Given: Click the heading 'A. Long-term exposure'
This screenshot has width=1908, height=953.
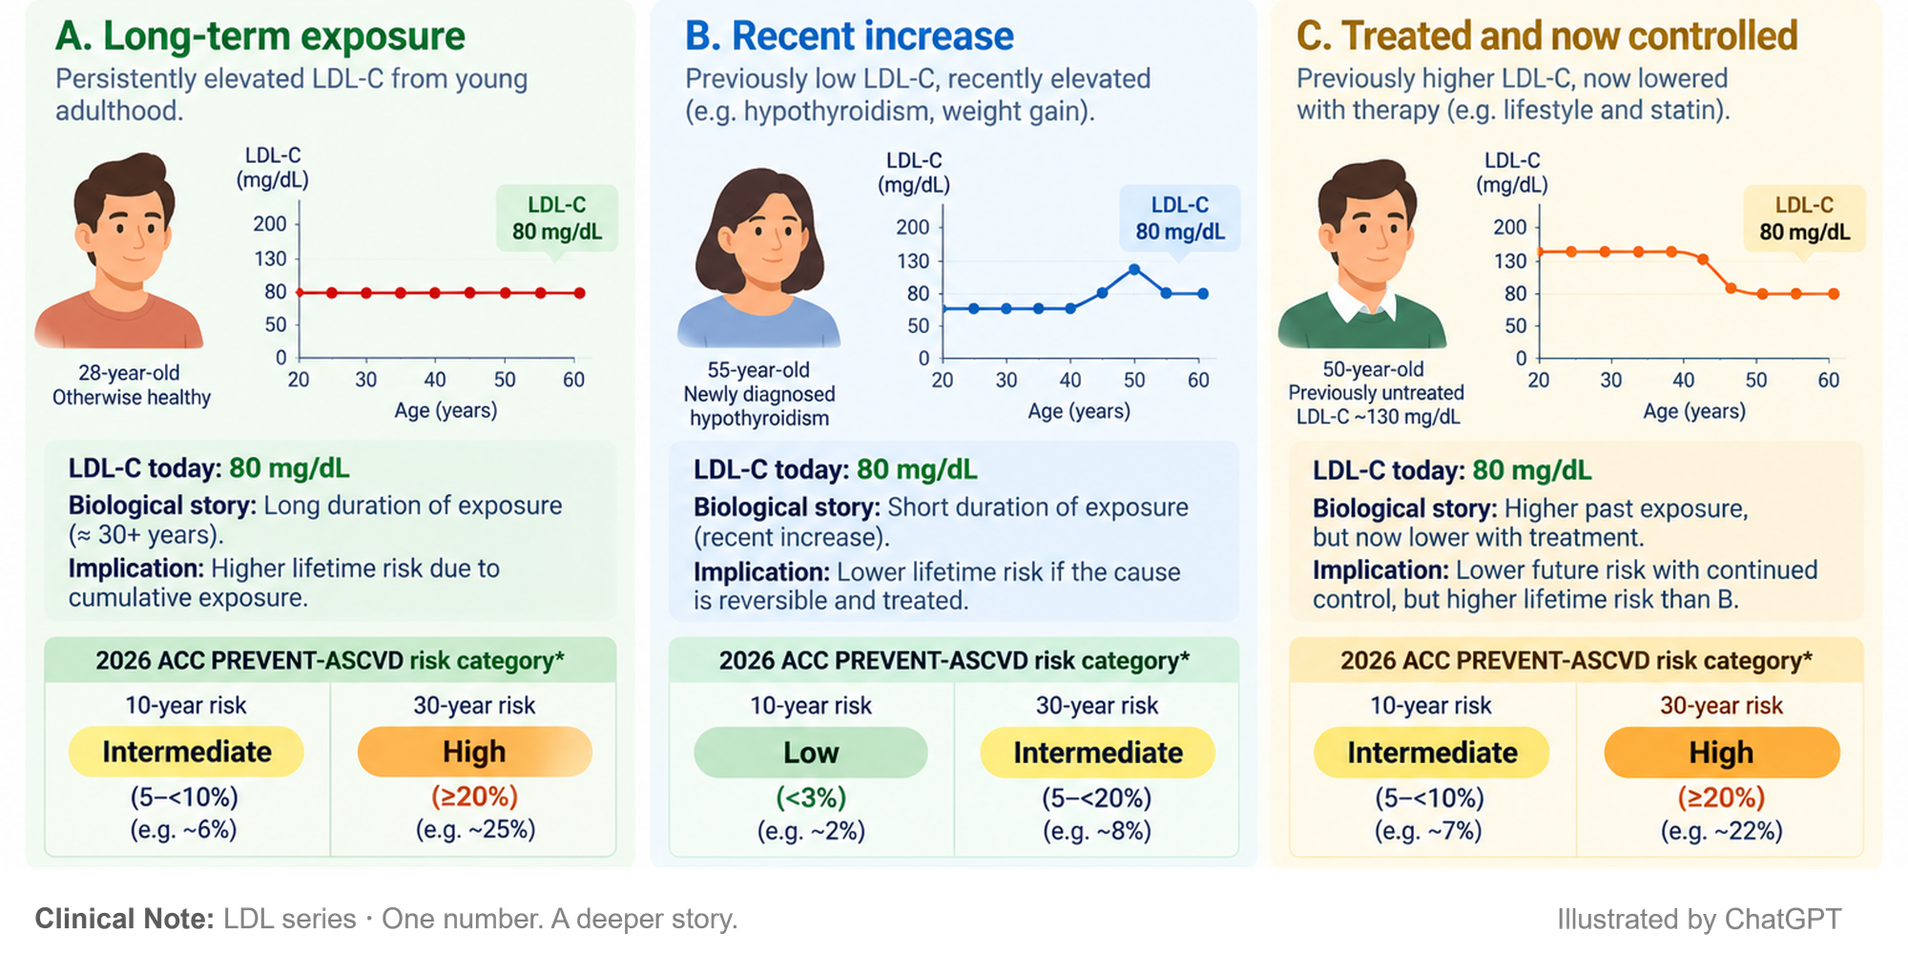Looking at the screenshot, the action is point(260,36).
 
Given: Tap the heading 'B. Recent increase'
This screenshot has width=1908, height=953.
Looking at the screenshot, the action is point(849,36).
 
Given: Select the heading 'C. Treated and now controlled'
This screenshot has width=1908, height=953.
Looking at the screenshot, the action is point(1546,36).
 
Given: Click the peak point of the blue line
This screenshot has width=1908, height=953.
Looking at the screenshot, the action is point(1134,270).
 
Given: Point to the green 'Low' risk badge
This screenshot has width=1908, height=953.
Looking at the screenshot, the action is point(811,753).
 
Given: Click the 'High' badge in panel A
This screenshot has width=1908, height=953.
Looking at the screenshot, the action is point(474,752).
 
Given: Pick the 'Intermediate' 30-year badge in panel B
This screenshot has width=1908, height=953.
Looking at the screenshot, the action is point(1098,753).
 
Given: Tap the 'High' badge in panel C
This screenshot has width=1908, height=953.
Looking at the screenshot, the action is point(1722,753).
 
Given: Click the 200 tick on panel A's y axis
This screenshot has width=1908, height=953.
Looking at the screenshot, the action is point(270,223).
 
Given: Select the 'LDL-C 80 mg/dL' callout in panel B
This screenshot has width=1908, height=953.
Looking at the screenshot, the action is point(1180,218).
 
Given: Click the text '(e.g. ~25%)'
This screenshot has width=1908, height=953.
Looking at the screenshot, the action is point(475,829).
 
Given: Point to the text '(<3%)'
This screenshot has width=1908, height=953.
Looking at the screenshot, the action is point(811,797).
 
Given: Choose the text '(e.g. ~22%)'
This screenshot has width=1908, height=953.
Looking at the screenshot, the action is point(1721,831).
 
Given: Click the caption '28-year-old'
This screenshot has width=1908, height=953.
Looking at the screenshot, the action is point(129,373).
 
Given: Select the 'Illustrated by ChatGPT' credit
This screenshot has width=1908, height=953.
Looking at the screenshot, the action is point(1699,919).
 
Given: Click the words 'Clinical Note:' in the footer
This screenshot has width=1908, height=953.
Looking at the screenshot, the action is point(125,919).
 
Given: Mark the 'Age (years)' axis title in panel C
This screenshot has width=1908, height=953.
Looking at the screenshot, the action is point(1694,411).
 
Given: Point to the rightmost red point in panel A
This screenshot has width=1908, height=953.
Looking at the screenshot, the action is point(580,293).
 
